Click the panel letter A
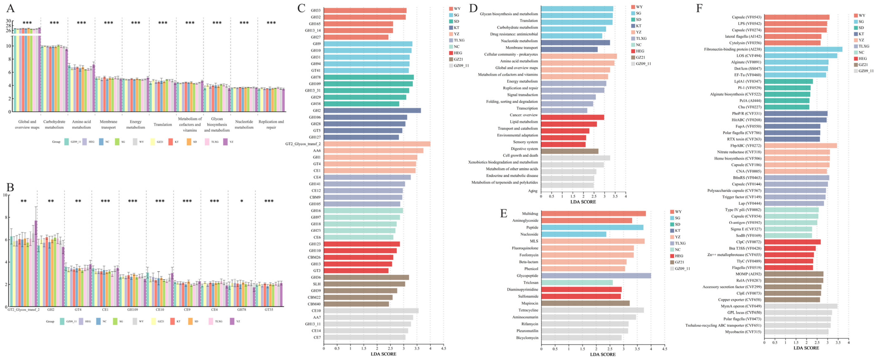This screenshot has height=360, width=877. [x=11, y=8]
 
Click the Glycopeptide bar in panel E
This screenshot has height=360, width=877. [x=596, y=276]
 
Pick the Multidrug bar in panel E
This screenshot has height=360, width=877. [x=593, y=214]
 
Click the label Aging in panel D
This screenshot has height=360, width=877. [x=533, y=191]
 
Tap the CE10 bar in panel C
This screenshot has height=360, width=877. [x=371, y=311]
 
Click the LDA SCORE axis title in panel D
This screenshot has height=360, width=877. [x=583, y=202]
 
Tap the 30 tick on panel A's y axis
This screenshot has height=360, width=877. [x=9, y=21]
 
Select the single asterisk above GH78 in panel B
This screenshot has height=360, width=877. [x=241, y=201]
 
